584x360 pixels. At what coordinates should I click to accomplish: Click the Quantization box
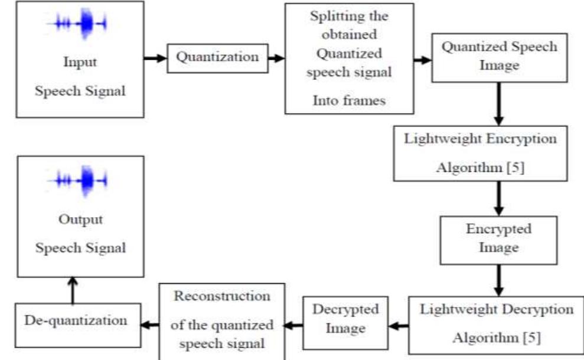coord(218,58)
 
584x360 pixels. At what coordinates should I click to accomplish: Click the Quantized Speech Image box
coord(499,56)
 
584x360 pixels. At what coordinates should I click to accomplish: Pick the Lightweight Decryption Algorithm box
coord(497,325)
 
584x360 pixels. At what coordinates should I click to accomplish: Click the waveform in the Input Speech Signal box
coord(80,24)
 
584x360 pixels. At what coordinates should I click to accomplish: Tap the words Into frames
coord(348,100)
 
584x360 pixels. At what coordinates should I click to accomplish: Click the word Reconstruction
coord(222,296)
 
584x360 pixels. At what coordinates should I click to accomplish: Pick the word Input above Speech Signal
coord(80,62)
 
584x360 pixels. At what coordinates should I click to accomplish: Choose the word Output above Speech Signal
coord(80,219)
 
